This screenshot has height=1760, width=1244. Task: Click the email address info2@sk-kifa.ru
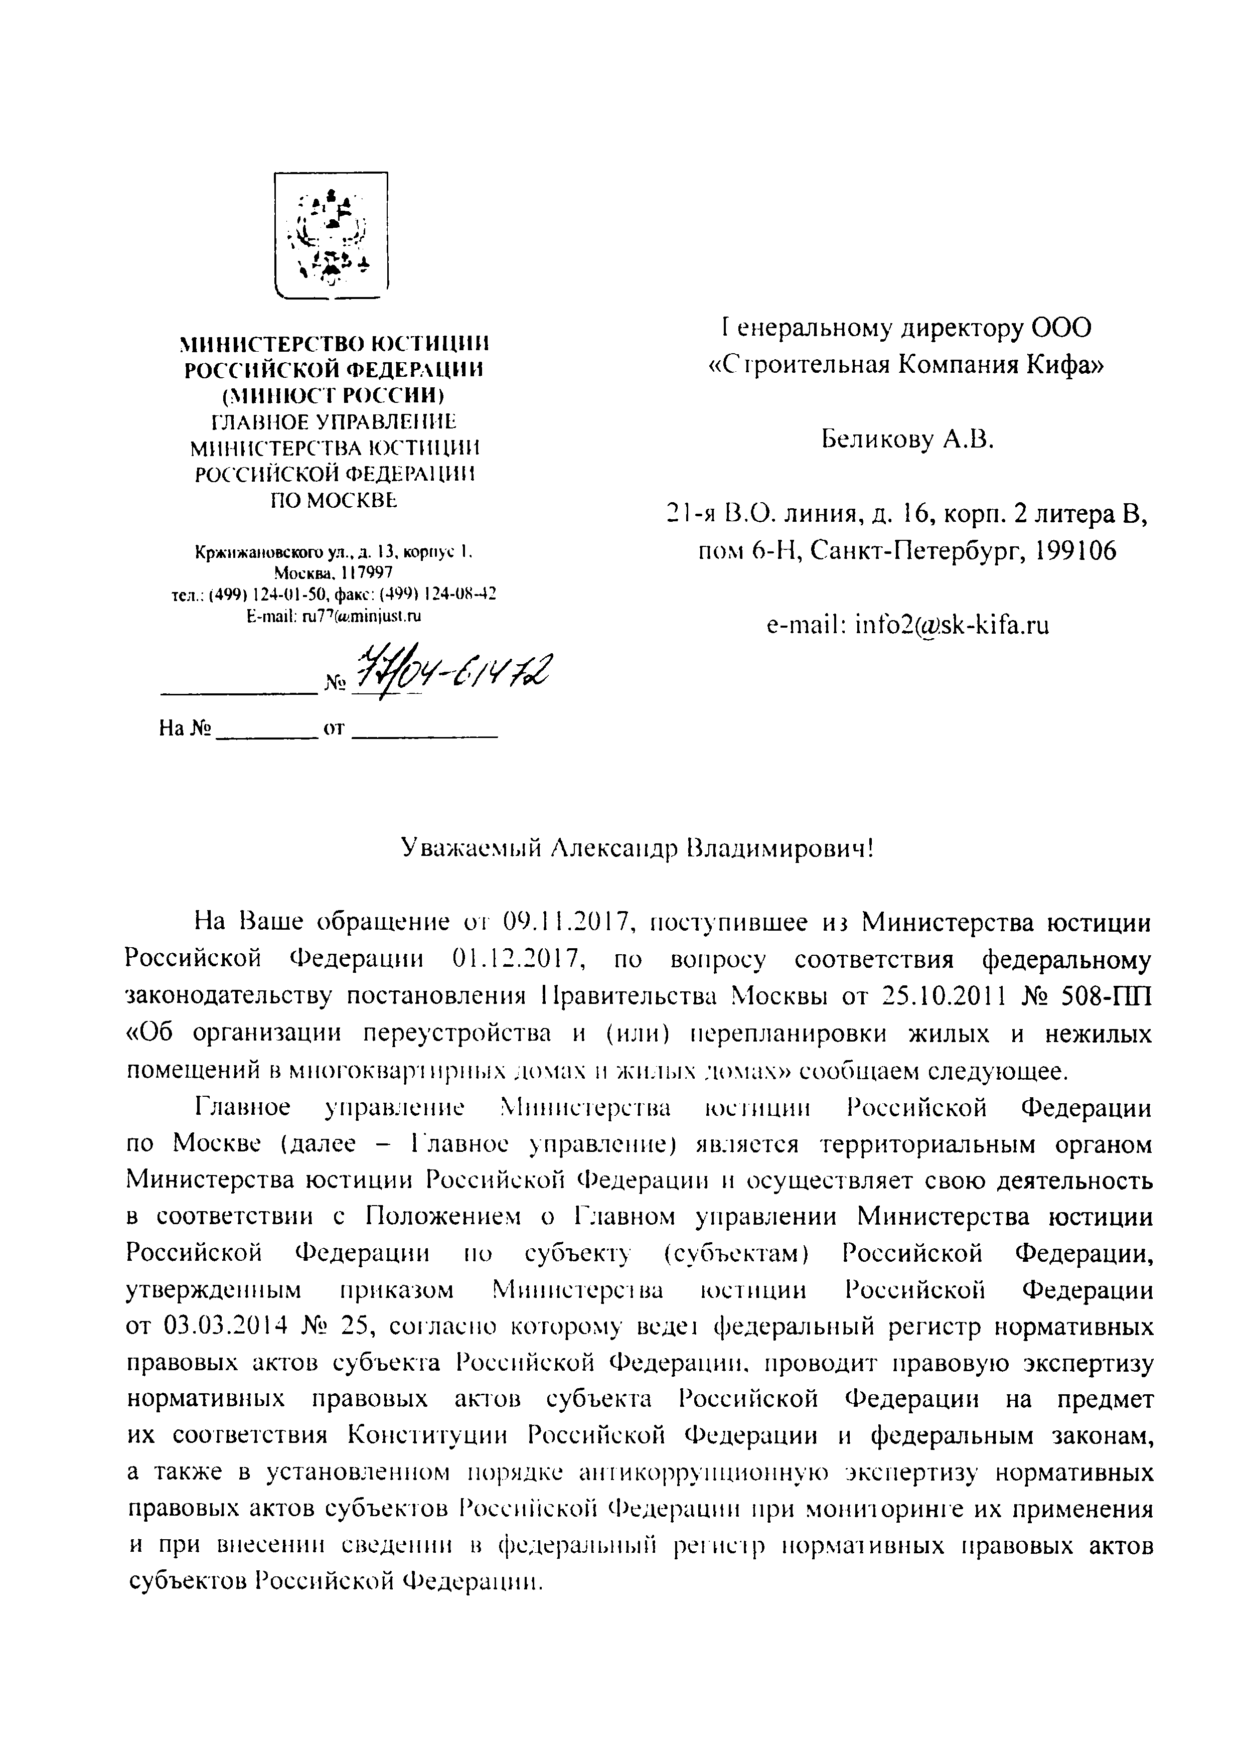(x=907, y=626)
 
